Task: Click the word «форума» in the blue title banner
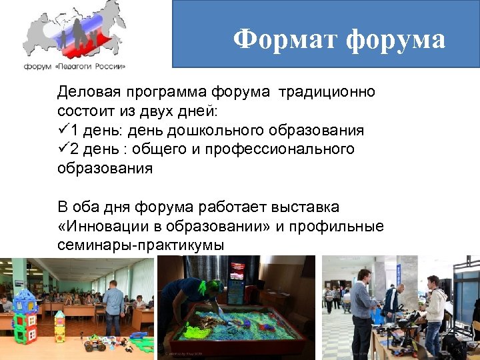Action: (x=396, y=41)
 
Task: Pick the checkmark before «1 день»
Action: (x=63, y=129)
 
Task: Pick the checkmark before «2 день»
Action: (x=63, y=148)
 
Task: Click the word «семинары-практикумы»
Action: (x=141, y=246)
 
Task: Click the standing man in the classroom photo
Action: (x=113, y=307)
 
